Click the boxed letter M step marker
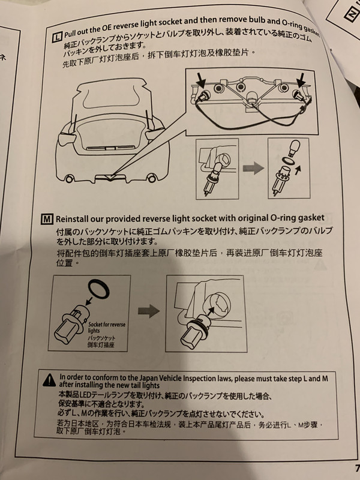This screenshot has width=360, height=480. [47, 219]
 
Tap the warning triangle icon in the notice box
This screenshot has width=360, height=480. [49, 380]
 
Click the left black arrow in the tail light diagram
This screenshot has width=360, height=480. [201, 80]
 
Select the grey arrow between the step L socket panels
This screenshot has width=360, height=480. [253, 169]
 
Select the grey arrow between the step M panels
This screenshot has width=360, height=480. [149, 311]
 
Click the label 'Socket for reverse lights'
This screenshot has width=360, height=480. [107, 327]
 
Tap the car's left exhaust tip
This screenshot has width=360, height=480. [70, 178]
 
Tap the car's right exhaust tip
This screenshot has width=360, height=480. [151, 178]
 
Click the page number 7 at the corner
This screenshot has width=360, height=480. [357, 469]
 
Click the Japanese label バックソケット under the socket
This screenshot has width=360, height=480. [101, 338]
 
